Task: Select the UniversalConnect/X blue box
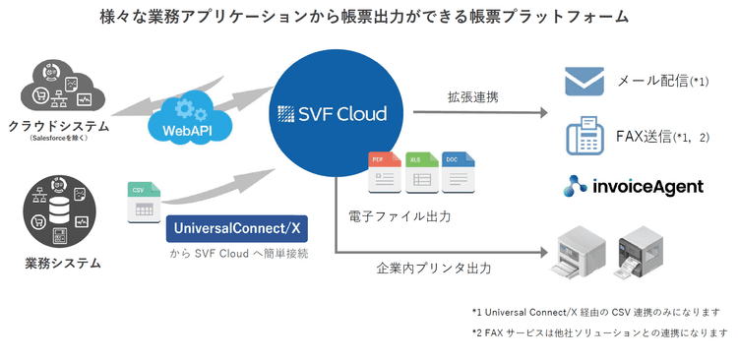236,229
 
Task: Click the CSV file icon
142,203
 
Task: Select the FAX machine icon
584,136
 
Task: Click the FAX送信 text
649,137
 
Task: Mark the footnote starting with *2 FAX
601,332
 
